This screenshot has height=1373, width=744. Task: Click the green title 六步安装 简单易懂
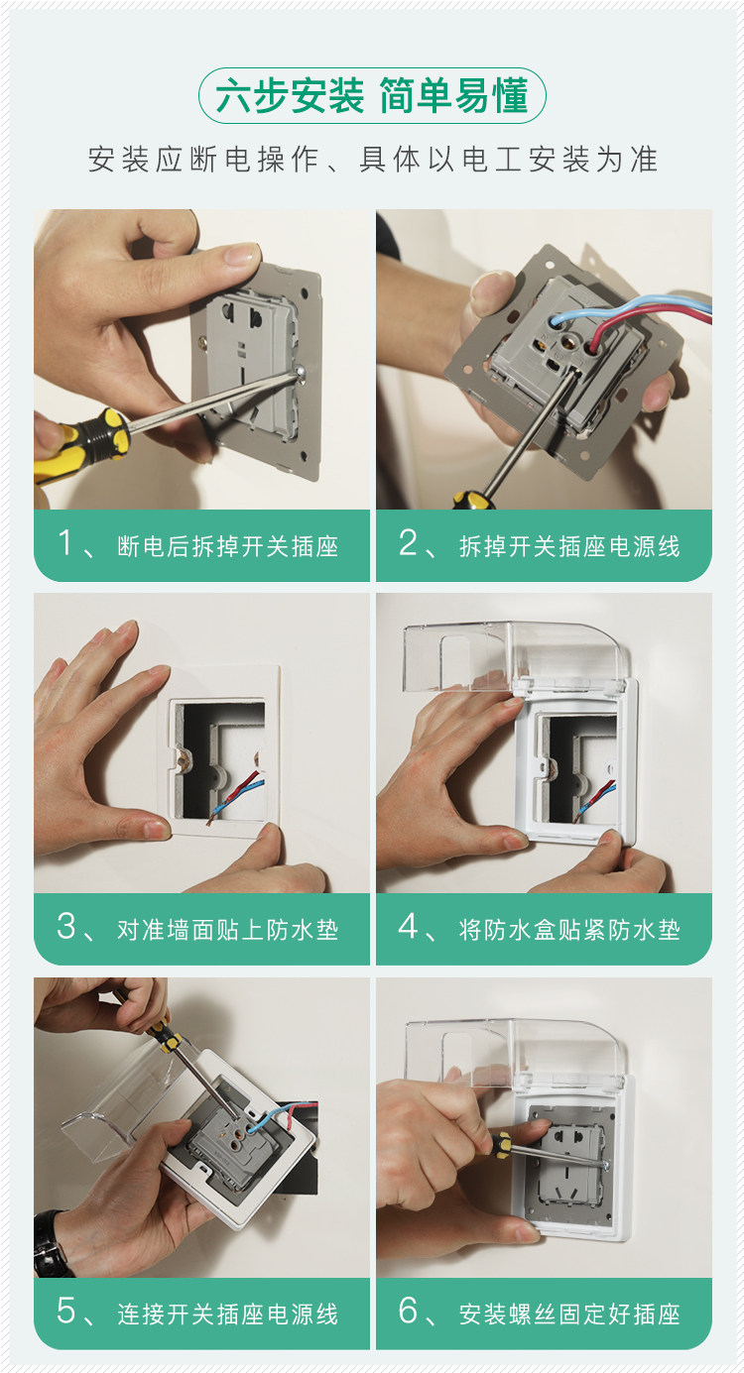tap(372, 95)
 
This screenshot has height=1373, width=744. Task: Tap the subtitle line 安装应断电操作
tap(203, 160)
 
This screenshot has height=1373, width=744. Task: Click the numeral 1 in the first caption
tap(64, 543)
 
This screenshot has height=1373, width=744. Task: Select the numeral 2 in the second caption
tap(408, 543)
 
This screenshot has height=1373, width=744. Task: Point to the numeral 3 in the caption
tap(66, 926)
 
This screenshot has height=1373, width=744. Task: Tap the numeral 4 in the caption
tap(409, 926)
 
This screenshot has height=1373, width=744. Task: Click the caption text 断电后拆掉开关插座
tap(227, 545)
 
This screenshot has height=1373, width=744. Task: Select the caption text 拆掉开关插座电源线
tap(569, 545)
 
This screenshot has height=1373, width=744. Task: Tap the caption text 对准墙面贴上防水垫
tap(227, 929)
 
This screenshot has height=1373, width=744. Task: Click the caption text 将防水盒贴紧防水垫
tap(569, 929)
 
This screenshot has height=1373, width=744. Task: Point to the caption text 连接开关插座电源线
tap(227, 1313)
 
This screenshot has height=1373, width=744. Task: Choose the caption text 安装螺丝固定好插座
tap(569, 1313)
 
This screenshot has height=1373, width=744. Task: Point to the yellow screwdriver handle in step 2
tap(473, 499)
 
